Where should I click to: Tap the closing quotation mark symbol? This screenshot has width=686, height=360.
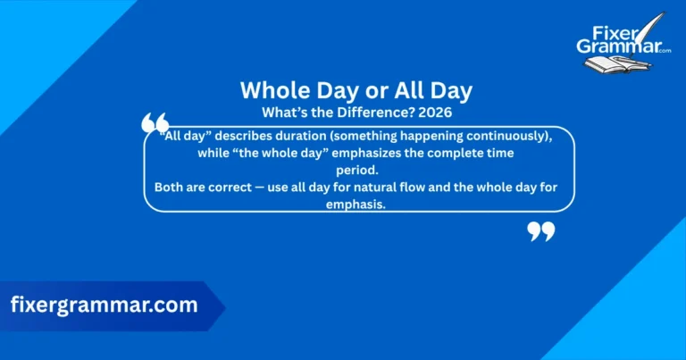tap(541, 231)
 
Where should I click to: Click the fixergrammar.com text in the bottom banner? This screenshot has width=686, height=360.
tap(104, 305)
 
